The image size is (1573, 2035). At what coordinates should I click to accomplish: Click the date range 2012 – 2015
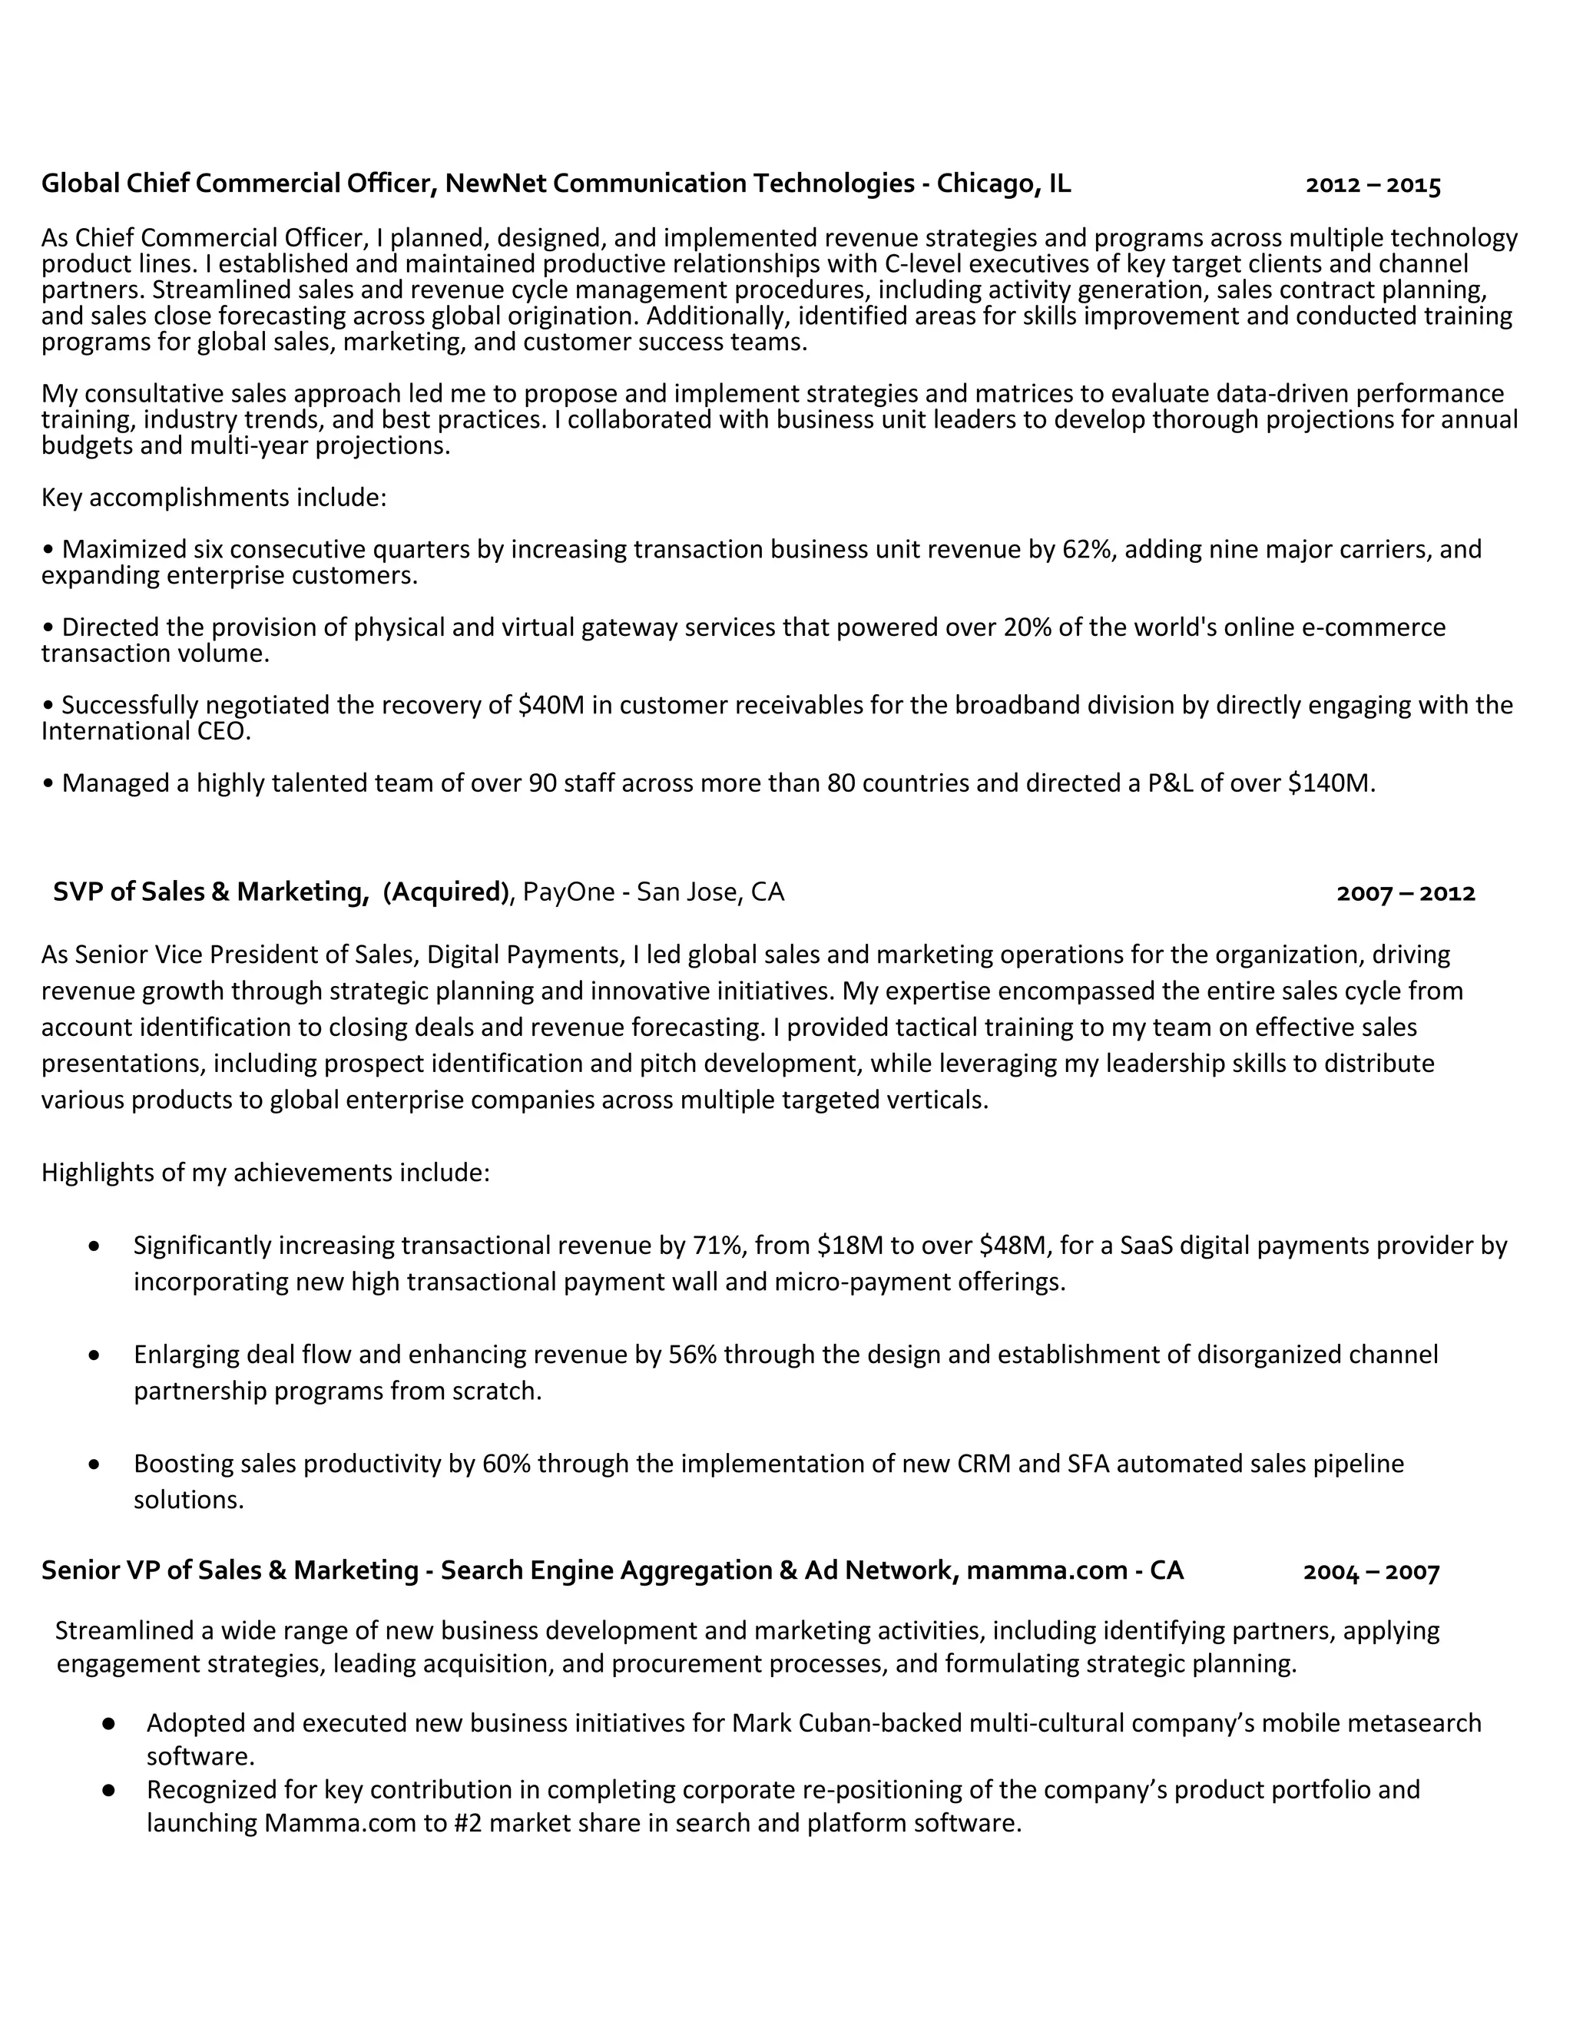1373,185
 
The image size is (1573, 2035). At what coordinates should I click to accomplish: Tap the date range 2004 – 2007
1371,1573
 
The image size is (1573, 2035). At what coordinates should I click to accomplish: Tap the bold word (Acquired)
446,892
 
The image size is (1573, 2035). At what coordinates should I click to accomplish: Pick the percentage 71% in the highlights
716,1246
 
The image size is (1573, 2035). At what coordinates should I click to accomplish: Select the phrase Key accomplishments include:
214,498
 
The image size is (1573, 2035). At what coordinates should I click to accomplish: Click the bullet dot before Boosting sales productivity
94,1464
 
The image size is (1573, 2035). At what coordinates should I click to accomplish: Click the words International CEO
145,731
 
